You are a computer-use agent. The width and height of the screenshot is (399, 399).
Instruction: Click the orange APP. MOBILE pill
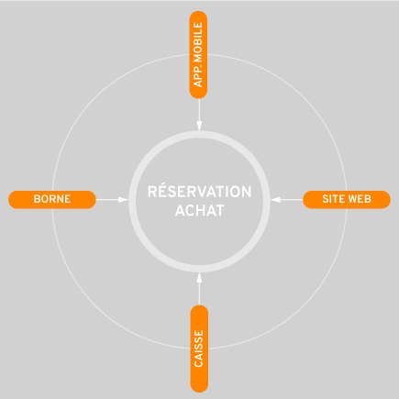point(198,55)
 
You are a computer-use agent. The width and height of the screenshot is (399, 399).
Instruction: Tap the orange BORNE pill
point(52,200)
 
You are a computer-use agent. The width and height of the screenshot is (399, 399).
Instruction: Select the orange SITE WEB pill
point(347,200)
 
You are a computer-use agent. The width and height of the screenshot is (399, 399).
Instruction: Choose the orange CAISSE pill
point(199,349)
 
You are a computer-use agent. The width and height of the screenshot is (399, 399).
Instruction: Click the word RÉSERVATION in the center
point(199,192)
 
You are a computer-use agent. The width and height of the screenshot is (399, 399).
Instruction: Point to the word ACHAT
point(199,211)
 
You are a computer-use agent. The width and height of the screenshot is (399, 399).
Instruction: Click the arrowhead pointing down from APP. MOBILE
point(199,126)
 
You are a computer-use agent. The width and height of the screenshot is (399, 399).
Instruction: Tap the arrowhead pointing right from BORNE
point(123,200)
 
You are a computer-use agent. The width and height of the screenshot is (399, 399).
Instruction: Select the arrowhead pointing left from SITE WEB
point(275,200)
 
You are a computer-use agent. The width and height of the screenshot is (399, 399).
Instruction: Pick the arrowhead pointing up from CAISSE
point(199,278)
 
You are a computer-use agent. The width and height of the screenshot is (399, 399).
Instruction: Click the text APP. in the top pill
point(198,76)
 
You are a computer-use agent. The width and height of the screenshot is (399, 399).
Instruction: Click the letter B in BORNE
point(37,199)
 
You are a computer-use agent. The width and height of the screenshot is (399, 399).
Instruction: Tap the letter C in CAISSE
point(198,364)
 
